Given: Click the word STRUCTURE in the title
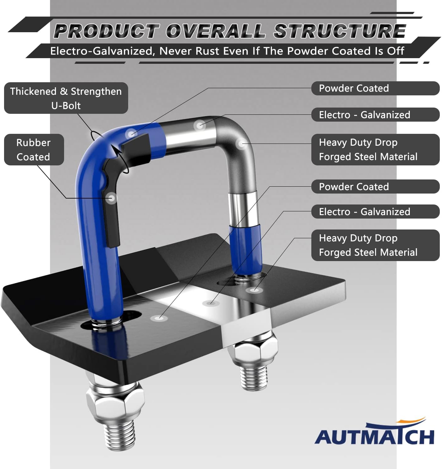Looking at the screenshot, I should point(339,31).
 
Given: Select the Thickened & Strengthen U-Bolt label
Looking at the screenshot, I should point(66,98).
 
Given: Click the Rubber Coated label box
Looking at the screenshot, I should point(34,149).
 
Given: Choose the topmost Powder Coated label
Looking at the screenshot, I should point(375,88).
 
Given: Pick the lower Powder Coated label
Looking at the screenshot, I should point(375,187).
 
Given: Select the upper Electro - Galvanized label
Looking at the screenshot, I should point(375,115).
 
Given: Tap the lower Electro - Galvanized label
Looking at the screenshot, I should point(375,212).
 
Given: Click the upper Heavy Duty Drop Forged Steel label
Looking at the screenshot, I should point(375,149).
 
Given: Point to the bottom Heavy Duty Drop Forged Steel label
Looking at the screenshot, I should point(375,245).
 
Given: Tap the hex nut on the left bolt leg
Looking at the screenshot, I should point(115,403).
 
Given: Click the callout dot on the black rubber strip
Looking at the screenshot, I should point(111,198).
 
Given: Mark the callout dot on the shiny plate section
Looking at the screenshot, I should point(210,303).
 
